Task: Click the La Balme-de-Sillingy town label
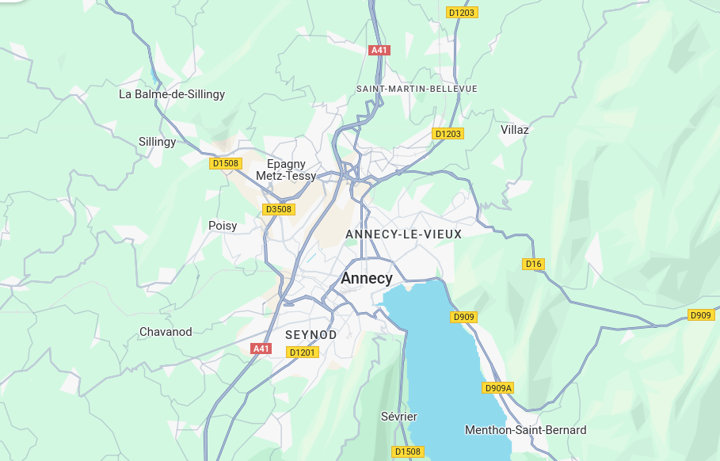(x=172, y=94)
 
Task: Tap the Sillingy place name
(x=157, y=142)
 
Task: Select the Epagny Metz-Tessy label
(x=286, y=170)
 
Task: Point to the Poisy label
(x=223, y=226)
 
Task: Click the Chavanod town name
(x=166, y=332)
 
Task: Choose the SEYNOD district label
(x=310, y=335)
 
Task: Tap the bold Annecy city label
(x=366, y=279)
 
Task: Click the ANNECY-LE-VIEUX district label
(x=403, y=234)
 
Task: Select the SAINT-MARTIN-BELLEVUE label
(x=417, y=89)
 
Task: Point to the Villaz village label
(x=514, y=129)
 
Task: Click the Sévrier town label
(x=398, y=417)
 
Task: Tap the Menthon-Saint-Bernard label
(x=525, y=430)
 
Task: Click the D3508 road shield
(x=278, y=209)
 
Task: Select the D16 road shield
(x=534, y=264)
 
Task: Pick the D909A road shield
(x=498, y=388)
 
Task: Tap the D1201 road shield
(x=303, y=352)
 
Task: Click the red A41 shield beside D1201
(x=261, y=349)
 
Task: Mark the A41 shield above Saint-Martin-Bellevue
(x=379, y=50)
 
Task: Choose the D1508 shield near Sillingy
(x=225, y=163)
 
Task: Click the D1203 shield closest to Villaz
(x=448, y=134)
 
